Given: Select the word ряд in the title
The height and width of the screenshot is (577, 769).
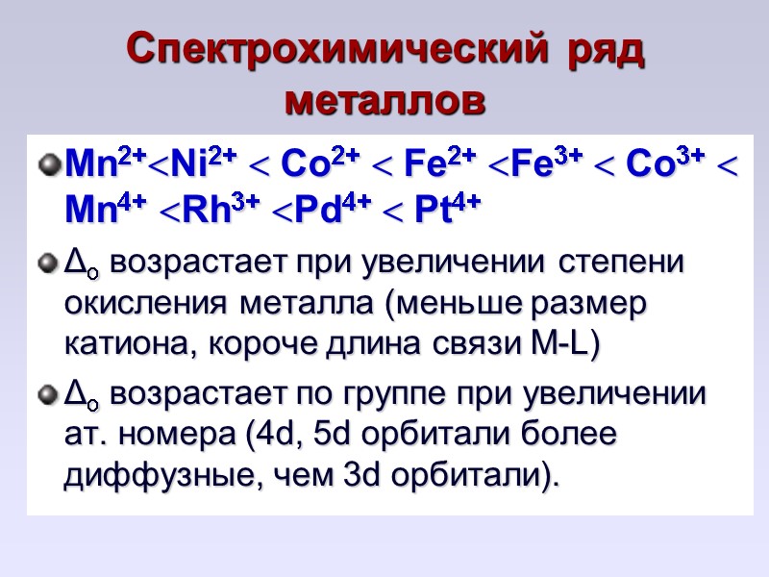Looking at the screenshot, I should click(x=603, y=48).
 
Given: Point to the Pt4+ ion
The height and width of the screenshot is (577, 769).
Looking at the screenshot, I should click(x=449, y=211).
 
